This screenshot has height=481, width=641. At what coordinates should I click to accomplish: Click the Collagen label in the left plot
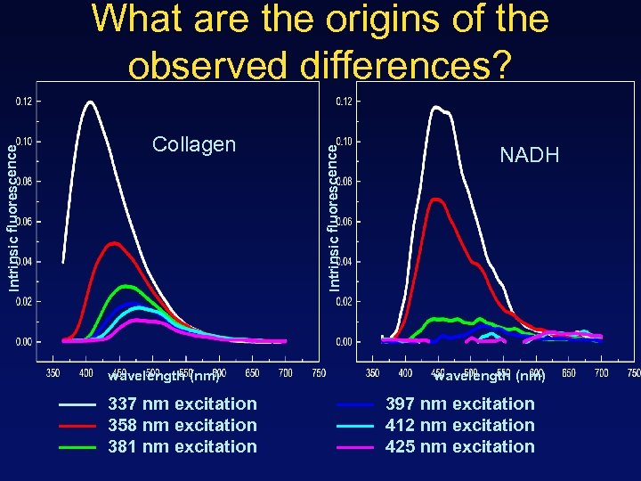(x=194, y=144)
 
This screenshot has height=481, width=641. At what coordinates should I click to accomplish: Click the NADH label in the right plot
(x=530, y=156)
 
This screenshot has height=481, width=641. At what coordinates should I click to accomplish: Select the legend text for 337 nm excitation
(x=182, y=404)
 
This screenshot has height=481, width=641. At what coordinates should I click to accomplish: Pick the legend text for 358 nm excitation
(x=182, y=425)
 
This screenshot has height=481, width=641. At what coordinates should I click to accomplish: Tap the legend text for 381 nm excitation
(x=182, y=446)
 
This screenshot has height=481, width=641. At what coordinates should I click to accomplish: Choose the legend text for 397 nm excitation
(x=459, y=404)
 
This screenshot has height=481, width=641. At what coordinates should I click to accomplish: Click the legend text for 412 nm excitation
(x=459, y=425)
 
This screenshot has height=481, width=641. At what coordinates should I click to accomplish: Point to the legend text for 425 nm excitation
(x=459, y=446)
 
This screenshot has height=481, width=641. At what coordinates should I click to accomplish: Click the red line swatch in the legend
(x=77, y=426)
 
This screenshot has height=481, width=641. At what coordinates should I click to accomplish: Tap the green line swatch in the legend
(x=77, y=447)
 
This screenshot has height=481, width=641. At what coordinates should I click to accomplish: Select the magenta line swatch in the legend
(x=355, y=447)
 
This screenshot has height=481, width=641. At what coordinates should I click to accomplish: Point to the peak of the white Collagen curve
(x=89, y=102)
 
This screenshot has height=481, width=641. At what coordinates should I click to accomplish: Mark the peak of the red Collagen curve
(x=113, y=242)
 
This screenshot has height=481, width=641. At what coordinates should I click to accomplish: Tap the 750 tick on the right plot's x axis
(x=633, y=372)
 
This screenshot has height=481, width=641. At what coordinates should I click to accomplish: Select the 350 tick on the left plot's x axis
(x=53, y=372)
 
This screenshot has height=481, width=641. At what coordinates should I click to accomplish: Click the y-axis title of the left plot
(x=12, y=218)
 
